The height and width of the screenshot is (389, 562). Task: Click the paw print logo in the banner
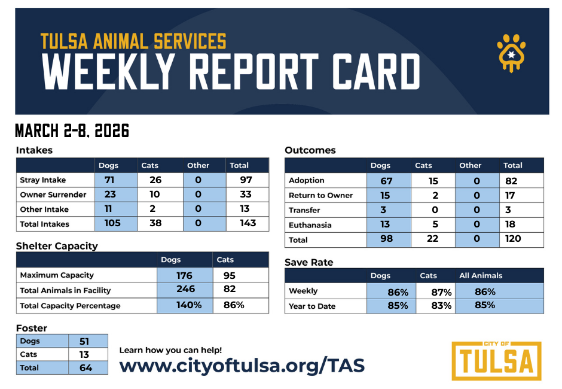click(x=512, y=53)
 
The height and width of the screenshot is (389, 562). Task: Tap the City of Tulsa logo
click(x=496, y=360)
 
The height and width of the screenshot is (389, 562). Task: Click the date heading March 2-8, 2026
click(x=72, y=131)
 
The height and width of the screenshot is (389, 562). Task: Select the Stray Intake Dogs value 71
click(x=109, y=180)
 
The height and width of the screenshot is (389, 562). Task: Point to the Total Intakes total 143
click(x=248, y=223)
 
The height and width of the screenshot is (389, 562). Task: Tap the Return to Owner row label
click(x=320, y=195)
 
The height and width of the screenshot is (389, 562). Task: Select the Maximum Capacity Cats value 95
click(x=229, y=275)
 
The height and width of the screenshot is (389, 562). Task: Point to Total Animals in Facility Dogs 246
click(x=184, y=290)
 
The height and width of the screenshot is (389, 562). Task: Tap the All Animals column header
click(x=481, y=276)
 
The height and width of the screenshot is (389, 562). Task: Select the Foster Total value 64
click(x=86, y=367)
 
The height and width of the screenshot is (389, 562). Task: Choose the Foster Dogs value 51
click(x=86, y=341)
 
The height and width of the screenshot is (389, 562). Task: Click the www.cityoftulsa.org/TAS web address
click(x=242, y=365)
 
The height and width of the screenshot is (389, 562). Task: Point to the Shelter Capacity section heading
click(x=57, y=246)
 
